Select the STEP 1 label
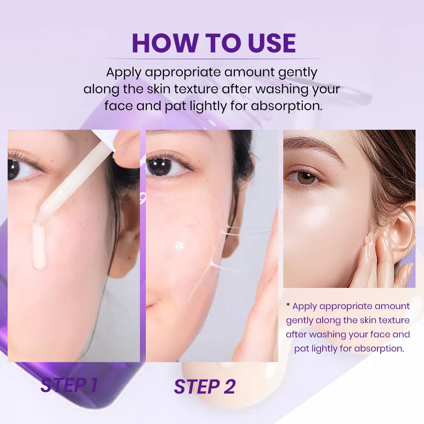tap(69, 385)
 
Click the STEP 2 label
tap(205, 386)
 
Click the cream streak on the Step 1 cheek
tap(39, 246)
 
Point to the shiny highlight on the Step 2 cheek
tap(179, 245)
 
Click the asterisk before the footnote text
tap(288, 305)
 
